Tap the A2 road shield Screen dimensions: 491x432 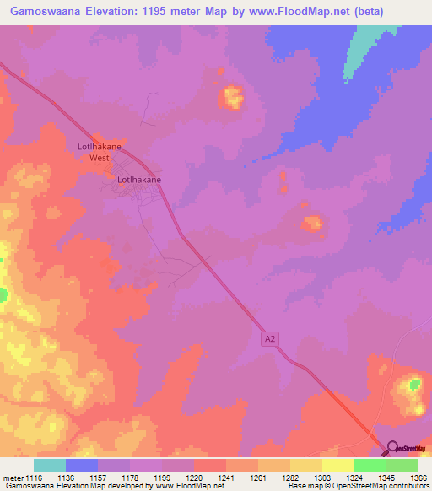(267, 337)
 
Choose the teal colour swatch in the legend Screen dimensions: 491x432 (50, 465)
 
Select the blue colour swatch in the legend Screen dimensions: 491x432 (82, 465)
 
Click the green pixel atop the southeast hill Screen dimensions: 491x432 (413, 385)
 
